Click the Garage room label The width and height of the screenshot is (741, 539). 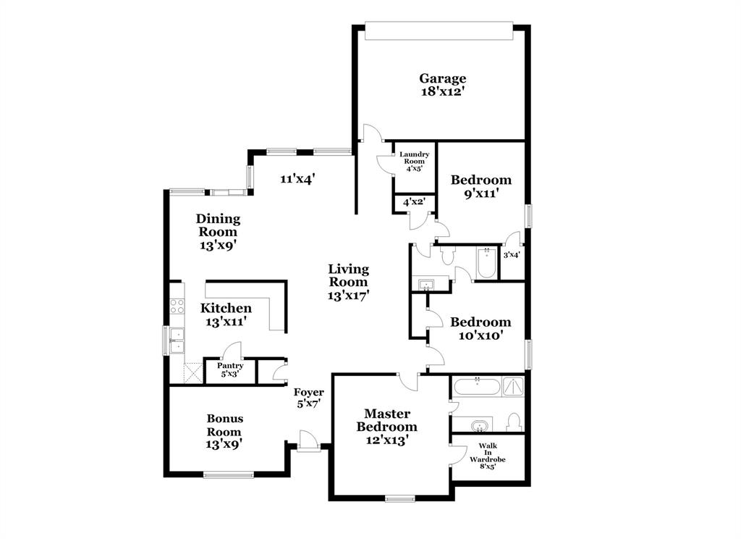(442, 78)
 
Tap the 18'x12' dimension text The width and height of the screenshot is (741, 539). (442, 92)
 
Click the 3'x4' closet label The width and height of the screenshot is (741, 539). (512, 254)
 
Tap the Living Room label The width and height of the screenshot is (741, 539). (348, 276)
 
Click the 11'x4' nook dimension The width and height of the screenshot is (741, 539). (297, 178)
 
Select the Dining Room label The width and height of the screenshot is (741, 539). (219, 225)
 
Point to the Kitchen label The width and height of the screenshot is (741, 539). (226, 308)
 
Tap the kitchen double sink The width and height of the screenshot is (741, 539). (176, 340)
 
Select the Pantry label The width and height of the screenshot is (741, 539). (230, 366)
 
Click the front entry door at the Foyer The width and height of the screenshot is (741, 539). (307, 440)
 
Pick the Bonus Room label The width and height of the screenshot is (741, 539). (225, 425)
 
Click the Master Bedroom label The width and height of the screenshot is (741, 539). (386, 419)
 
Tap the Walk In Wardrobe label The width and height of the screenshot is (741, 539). (487, 456)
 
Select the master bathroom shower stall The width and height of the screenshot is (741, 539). (513, 385)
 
